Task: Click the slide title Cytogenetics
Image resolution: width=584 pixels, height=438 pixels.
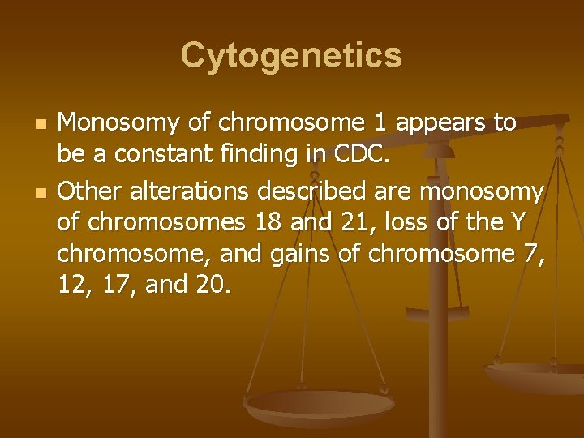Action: (x=291, y=56)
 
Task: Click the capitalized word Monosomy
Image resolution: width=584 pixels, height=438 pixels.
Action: (x=119, y=123)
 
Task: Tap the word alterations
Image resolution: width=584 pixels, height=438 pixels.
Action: (x=187, y=192)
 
